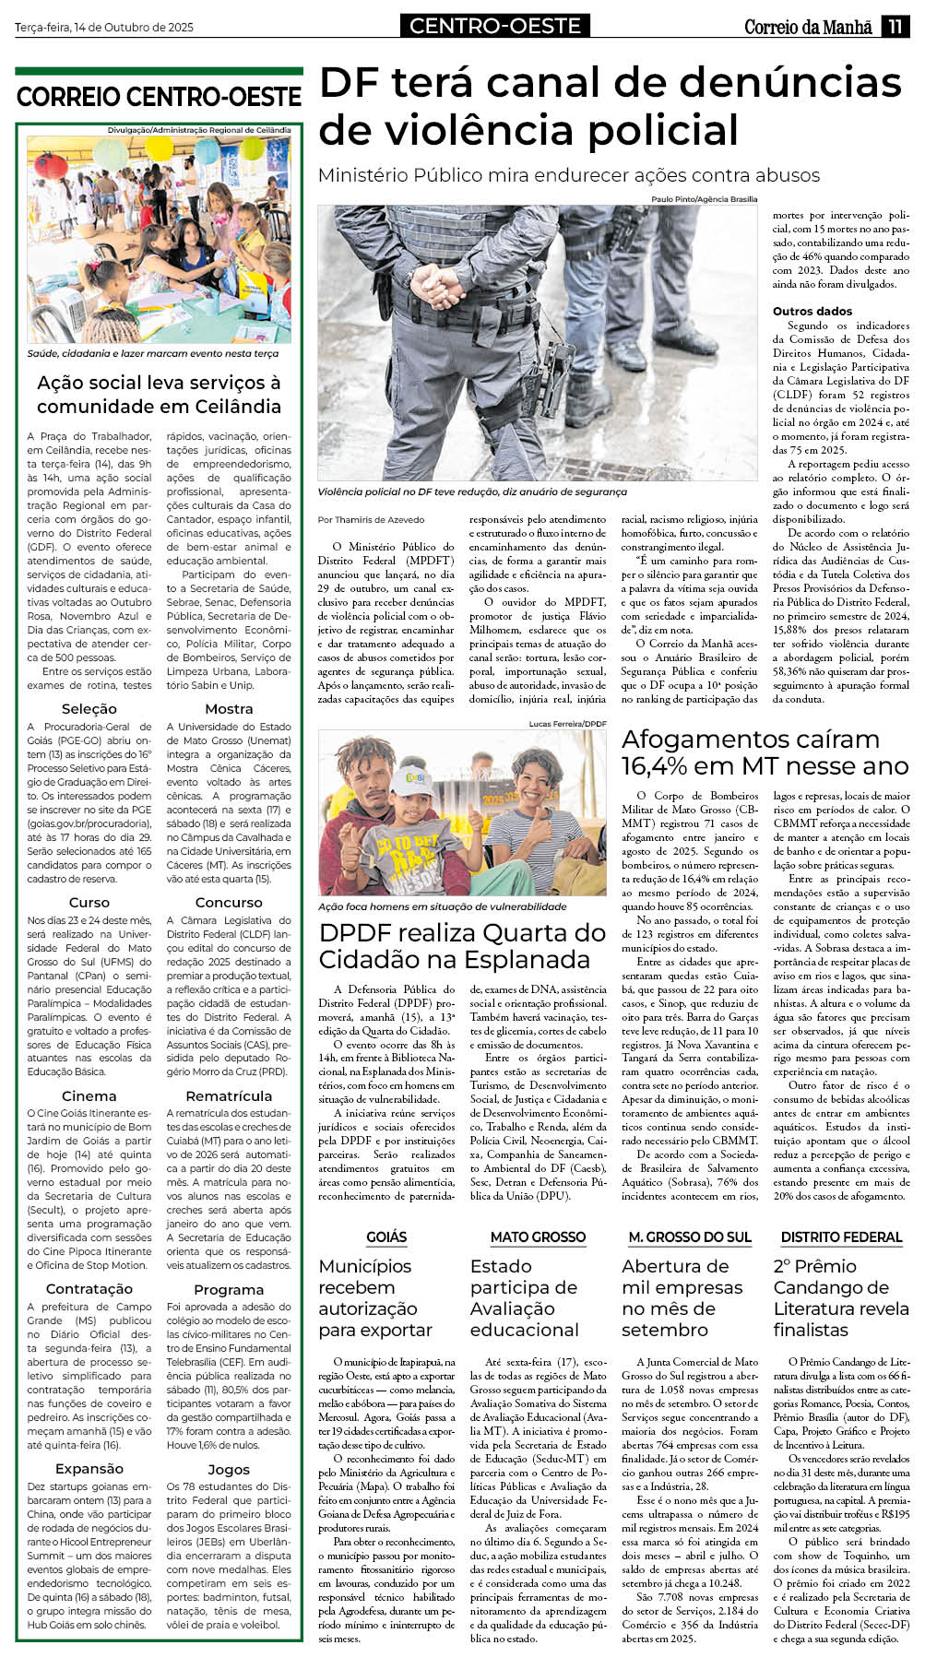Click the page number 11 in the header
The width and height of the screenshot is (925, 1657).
(x=895, y=27)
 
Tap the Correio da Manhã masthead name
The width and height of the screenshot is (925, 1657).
(x=808, y=28)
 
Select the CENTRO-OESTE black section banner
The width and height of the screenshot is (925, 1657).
(x=495, y=26)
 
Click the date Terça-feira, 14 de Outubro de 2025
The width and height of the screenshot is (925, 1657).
(x=104, y=28)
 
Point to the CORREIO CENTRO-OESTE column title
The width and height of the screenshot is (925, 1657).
(x=159, y=98)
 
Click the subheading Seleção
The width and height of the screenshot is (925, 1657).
(x=89, y=709)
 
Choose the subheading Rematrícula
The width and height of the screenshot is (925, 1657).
(x=229, y=1096)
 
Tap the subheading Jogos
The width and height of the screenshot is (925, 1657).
(x=229, y=1469)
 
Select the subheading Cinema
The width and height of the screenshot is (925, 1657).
(x=89, y=1096)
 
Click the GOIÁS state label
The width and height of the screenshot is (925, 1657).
(x=386, y=1237)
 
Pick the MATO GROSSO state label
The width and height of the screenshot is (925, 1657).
(x=538, y=1237)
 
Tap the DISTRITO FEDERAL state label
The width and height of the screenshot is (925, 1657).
(x=841, y=1237)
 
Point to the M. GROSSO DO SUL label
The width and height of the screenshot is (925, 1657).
(x=690, y=1237)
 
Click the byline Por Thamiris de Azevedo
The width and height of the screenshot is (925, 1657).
(x=372, y=520)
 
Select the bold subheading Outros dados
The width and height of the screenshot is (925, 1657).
(x=812, y=312)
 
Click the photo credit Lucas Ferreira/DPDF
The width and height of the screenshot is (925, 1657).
(x=568, y=724)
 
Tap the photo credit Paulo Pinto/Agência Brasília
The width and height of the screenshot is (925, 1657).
(x=705, y=199)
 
